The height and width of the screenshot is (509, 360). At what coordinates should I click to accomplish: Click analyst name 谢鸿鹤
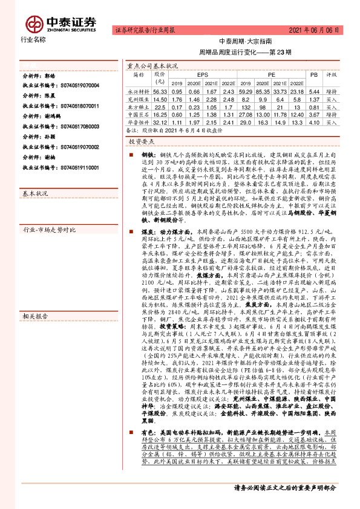[x=54, y=115]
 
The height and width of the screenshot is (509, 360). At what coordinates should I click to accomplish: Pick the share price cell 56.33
[x=160, y=89]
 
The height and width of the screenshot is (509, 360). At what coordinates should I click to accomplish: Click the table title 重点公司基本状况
[x=152, y=65]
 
